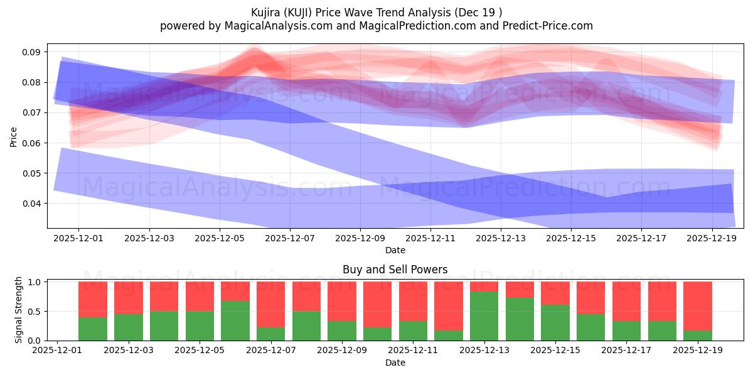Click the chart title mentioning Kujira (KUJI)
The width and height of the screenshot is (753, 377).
pos(376,12)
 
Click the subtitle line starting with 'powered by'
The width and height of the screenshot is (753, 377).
pos(376,26)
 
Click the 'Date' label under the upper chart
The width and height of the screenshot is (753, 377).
pos(395,250)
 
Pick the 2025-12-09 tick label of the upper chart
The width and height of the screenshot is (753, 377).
pos(360,239)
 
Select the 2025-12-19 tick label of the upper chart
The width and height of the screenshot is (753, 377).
pos(712,239)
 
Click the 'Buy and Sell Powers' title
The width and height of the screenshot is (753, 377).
pos(395,270)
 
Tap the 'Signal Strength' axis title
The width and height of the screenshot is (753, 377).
pos(19,310)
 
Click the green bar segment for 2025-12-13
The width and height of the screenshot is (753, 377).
pos(484,316)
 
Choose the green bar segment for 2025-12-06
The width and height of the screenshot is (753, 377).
pos(235,320)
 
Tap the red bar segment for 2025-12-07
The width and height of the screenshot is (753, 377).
pos(270,304)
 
